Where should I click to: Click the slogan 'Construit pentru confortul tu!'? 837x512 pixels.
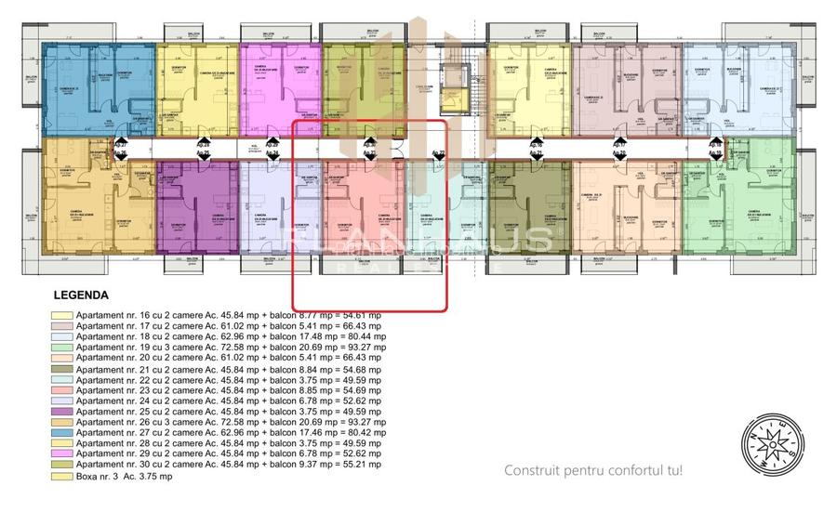click(x=593, y=470)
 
